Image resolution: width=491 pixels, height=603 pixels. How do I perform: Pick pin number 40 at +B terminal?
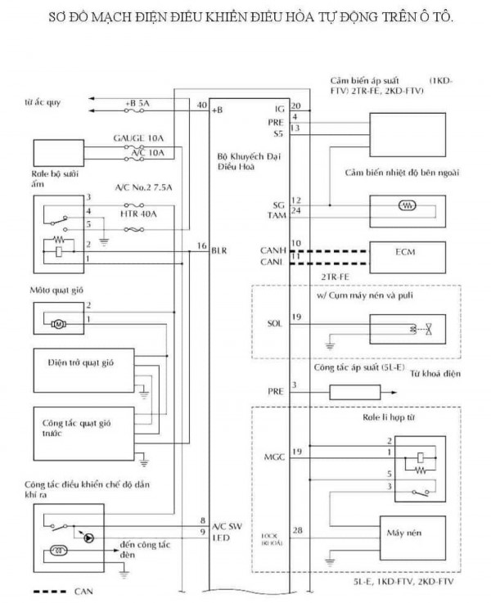201,105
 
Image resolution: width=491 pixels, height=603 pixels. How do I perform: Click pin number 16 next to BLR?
201,246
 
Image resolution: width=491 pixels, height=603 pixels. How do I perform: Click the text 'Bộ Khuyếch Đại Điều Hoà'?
237,160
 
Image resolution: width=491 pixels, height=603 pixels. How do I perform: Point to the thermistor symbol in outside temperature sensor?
406,206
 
